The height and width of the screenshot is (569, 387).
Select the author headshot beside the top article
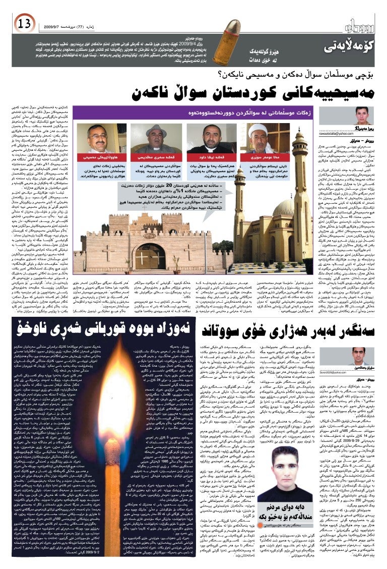click(361, 115)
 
